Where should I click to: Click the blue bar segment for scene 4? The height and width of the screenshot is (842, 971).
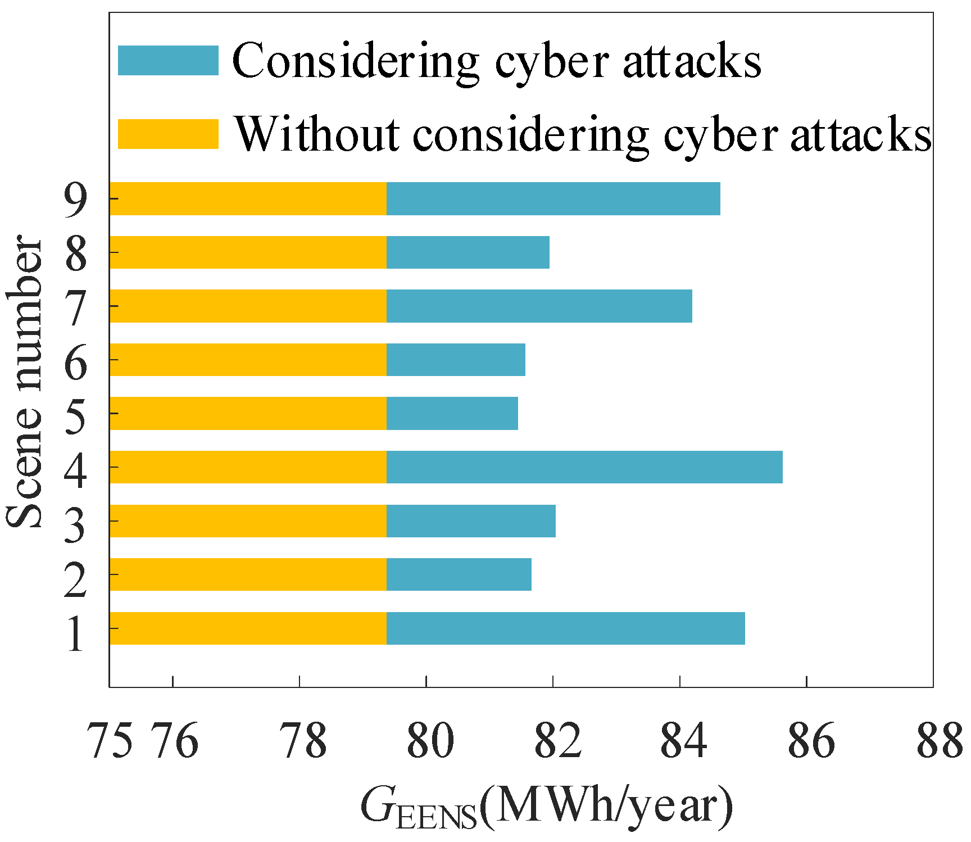[x=584, y=467]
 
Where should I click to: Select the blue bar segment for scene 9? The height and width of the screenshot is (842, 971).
[x=553, y=198]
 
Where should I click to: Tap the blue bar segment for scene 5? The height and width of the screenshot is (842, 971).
[x=452, y=414]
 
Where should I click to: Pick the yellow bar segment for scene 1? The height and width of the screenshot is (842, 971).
[x=248, y=628]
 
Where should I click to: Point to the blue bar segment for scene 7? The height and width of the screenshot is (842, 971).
[x=539, y=306]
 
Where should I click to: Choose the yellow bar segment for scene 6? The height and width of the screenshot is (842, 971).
[x=248, y=360]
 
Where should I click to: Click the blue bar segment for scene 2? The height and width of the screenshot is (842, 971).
[x=459, y=574]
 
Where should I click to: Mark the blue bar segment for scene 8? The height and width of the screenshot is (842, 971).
[x=468, y=252]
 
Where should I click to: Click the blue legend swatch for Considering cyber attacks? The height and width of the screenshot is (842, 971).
[x=168, y=61]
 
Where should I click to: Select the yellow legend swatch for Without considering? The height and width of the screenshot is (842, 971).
[x=168, y=134]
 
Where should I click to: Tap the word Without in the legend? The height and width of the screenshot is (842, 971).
[x=317, y=134]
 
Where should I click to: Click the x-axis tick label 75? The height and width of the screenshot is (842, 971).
[x=111, y=741]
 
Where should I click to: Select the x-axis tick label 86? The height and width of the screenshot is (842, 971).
[x=811, y=741]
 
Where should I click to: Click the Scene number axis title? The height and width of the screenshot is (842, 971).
[x=25, y=382]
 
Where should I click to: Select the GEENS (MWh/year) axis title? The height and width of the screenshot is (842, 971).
[x=547, y=808]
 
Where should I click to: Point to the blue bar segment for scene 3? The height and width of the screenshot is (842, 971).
[x=471, y=521]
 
